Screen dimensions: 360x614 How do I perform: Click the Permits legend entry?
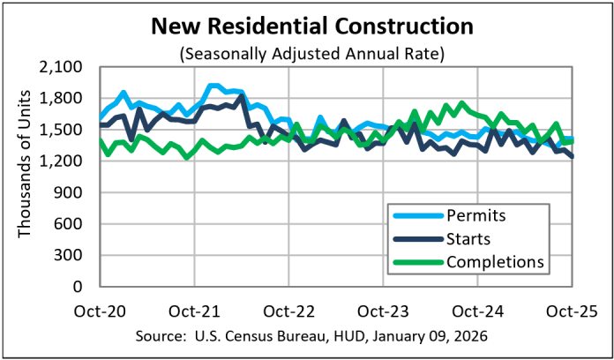[475, 214]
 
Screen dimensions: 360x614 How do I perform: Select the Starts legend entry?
[468, 237]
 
